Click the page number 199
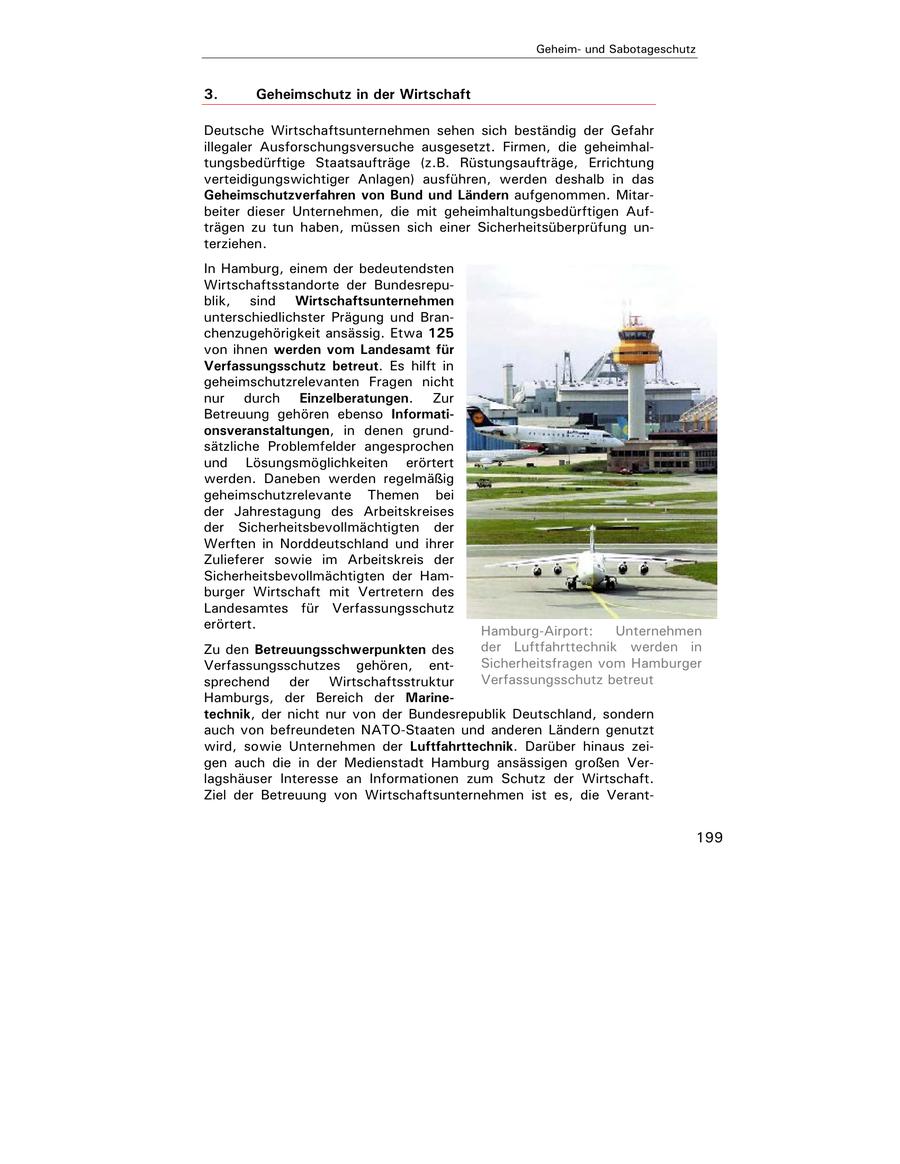click(x=709, y=837)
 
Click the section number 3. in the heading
click(x=211, y=94)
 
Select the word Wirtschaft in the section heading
click(x=437, y=94)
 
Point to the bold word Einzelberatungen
click(x=355, y=398)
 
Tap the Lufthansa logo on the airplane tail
click(x=477, y=415)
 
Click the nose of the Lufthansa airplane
click(x=621, y=441)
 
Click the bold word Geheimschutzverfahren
click(x=279, y=194)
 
